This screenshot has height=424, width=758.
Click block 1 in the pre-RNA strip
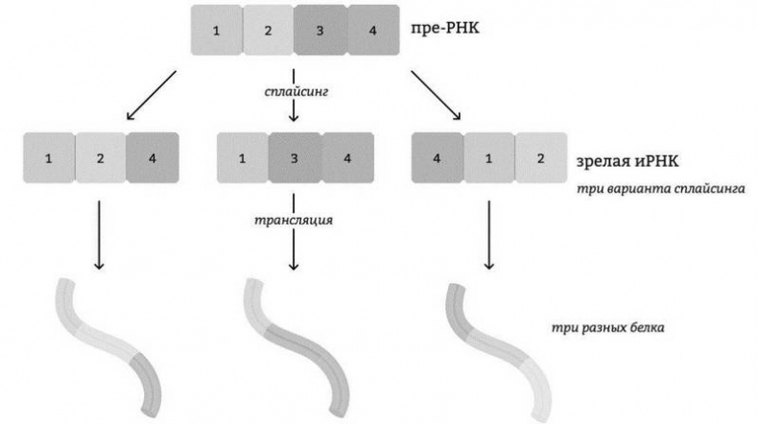point(217,30)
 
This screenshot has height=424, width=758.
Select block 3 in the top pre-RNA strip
point(320,30)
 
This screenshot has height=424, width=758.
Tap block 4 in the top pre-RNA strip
point(372,30)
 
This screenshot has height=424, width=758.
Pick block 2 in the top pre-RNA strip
point(269,30)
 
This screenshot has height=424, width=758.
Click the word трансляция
point(294,221)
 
